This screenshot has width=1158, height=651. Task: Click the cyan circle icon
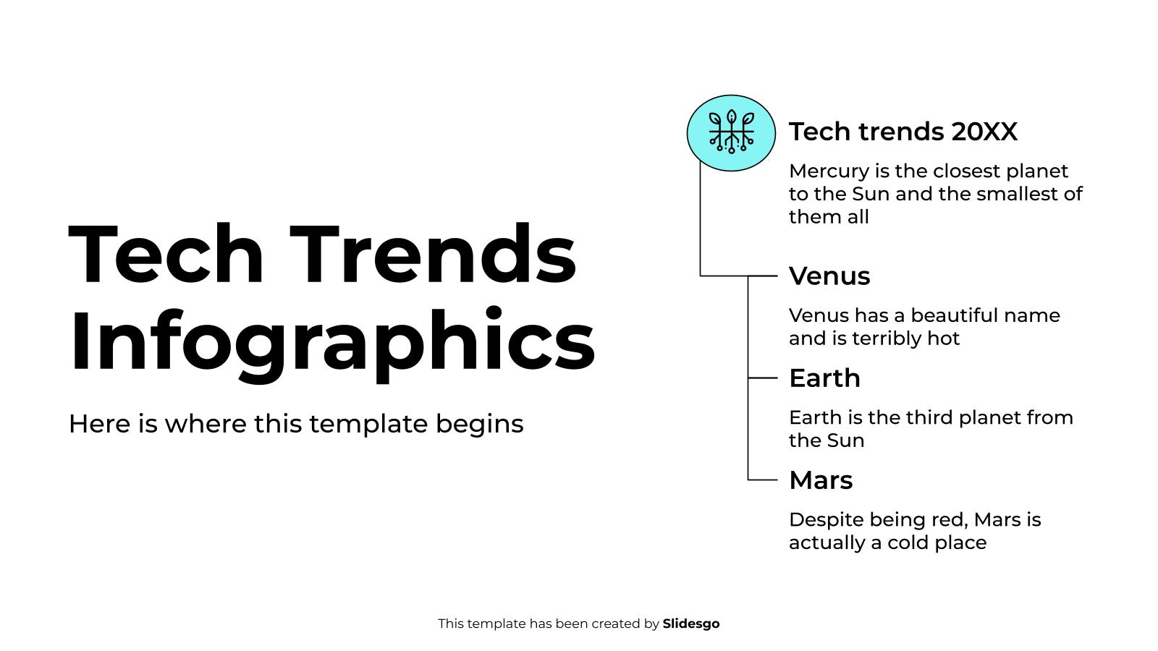(x=731, y=133)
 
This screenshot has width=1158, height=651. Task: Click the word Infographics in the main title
(x=331, y=341)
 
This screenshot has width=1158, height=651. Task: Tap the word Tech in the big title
(x=166, y=255)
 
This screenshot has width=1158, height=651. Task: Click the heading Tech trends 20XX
(x=903, y=132)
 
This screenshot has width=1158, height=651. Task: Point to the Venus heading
(x=829, y=276)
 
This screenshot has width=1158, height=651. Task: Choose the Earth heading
(x=824, y=378)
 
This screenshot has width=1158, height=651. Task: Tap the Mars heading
(x=821, y=480)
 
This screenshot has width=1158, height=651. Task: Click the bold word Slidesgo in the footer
(x=691, y=624)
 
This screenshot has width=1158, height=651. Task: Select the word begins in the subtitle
(x=479, y=424)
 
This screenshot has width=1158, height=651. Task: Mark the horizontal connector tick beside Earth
(x=762, y=378)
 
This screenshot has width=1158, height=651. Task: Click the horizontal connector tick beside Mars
(x=762, y=480)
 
